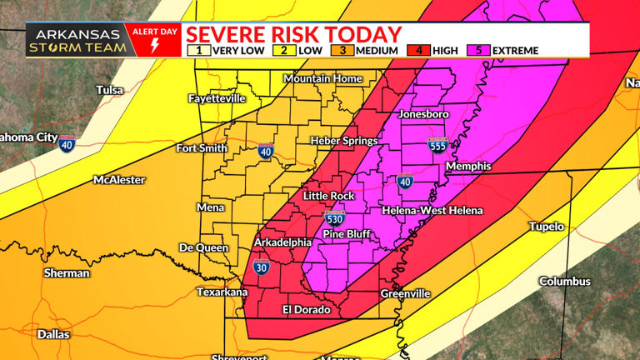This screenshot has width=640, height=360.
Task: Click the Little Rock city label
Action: point(328,196)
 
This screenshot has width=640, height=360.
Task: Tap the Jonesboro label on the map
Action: point(423,113)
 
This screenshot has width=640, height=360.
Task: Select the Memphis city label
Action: point(468,167)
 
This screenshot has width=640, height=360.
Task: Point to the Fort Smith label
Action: point(202,148)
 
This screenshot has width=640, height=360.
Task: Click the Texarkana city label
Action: point(222,292)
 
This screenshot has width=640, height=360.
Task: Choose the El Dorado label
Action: point(306,310)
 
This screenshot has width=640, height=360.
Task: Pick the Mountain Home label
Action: point(322,78)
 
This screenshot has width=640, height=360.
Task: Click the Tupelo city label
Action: point(546,227)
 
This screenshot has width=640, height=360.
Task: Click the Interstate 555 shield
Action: point(437,145)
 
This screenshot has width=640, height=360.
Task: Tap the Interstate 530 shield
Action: point(334,219)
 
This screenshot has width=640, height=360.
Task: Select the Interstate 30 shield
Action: point(261,268)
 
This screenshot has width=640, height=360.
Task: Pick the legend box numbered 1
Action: point(198,51)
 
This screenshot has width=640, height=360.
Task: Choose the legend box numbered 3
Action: point(342,51)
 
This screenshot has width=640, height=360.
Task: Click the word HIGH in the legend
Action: point(445,51)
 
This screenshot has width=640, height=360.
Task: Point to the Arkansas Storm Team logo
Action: point(77,41)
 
